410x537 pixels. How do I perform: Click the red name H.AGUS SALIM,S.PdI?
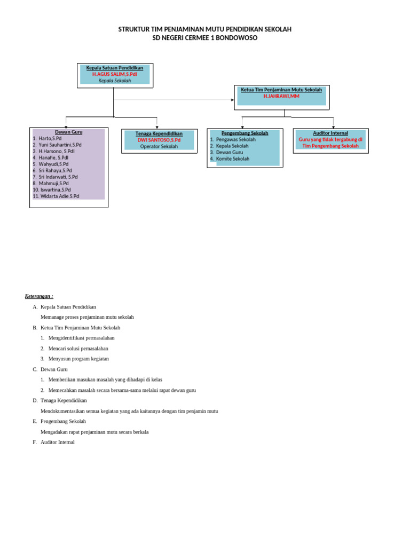point(114,75)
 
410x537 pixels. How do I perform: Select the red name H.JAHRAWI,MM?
point(281,97)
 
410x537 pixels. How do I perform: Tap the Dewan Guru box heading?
point(68,132)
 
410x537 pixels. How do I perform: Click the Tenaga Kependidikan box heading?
point(159,133)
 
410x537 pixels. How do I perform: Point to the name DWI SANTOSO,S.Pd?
point(159,140)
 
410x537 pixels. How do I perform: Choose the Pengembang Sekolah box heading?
point(245,133)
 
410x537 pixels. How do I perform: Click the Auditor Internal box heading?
point(330,133)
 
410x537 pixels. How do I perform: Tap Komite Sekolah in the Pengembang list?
point(232,159)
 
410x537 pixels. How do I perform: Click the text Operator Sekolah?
point(159,146)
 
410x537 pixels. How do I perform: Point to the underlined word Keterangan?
point(38,296)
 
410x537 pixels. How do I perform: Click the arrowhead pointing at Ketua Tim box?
point(232,100)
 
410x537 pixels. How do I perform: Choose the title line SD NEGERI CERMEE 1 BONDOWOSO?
point(205,38)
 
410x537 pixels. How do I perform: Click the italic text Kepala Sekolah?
point(114,81)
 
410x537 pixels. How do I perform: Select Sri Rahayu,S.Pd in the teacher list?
point(55,170)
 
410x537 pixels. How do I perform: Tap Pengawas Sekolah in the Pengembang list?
point(235,139)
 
